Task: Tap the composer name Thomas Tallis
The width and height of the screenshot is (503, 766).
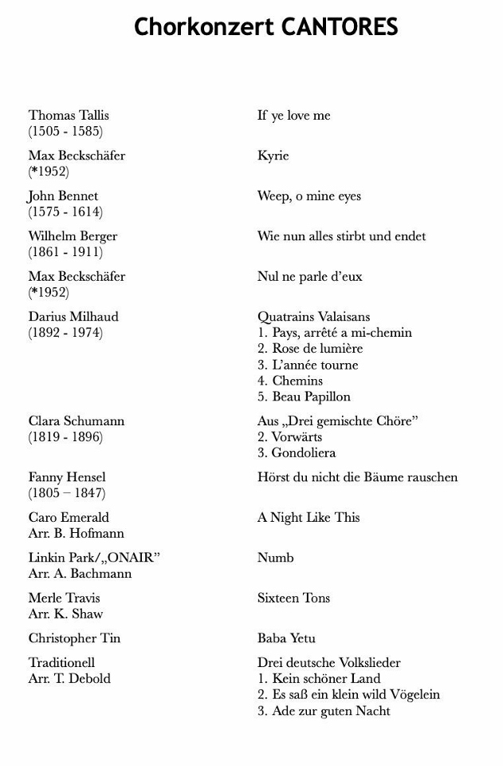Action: click(x=69, y=116)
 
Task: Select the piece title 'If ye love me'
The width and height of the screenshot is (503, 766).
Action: click(x=293, y=116)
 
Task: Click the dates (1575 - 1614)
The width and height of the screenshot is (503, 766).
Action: click(x=65, y=212)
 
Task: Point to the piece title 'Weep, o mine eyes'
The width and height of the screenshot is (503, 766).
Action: click(x=309, y=196)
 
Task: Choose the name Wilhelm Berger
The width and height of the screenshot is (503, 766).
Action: click(x=73, y=236)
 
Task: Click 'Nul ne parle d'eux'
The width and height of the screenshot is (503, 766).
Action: click(x=309, y=277)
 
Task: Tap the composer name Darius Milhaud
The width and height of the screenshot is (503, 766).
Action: click(x=73, y=317)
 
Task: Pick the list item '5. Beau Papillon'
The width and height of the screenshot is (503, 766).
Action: click(x=304, y=397)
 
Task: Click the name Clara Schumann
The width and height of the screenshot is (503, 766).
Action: click(x=77, y=421)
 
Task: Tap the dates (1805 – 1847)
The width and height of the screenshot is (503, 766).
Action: click(x=67, y=494)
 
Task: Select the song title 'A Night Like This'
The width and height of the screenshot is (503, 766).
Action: click(x=308, y=518)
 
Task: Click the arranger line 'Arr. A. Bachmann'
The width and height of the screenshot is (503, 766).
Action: click(x=80, y=574)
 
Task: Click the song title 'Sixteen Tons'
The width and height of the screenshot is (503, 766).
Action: click(x=293, y=598)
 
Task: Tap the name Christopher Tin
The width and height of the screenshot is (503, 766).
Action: click(x=74, y=638)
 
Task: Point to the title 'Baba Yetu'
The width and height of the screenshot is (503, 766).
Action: click(x=286, y=638)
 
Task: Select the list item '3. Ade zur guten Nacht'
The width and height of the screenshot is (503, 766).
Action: click(x=324, y=711)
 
